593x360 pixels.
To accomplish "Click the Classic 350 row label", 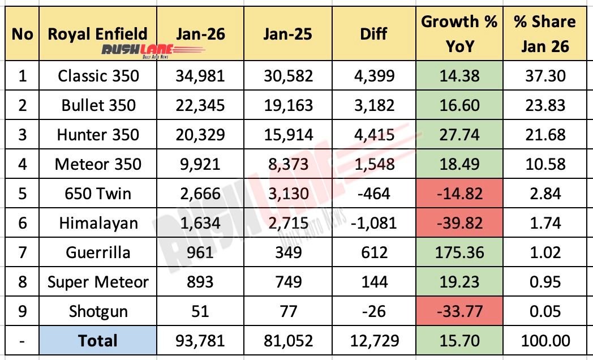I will coord(98,75).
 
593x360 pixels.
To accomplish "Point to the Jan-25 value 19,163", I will coord(287,105).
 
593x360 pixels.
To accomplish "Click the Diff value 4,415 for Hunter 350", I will coord(374,135).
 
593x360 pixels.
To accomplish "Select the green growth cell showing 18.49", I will coord(459,164).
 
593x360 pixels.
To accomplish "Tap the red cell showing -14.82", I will coord(459,194).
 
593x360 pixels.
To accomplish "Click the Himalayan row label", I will coord(98,223).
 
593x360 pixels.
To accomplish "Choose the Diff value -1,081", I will coord(374,223).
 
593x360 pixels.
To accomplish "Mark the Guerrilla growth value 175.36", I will coord(459,252).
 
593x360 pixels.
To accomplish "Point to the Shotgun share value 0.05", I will coord(544,311).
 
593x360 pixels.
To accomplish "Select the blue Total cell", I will coord(98,341).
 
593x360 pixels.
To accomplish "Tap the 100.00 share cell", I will coord(544,341).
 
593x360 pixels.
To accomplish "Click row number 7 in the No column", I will coord(22,252).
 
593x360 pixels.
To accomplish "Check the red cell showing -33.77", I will coord(459,311).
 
